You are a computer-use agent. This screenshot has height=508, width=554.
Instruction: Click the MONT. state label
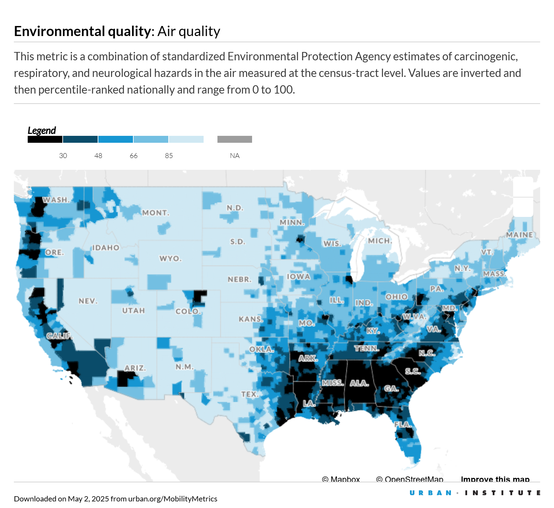point(156,213)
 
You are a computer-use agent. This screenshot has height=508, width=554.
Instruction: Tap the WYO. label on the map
point(170,259)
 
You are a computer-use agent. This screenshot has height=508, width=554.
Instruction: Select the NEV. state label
point(88,301)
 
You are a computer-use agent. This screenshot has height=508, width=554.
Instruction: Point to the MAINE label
point(519,235)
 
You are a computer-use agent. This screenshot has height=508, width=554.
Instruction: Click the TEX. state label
point(250,394)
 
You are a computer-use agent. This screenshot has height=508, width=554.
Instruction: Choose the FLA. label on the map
point(403,424)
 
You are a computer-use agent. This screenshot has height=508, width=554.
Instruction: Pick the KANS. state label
point(251,319)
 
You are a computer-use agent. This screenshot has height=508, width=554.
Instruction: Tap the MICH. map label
point(380,241)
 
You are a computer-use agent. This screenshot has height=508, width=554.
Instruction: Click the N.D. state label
point(235,208)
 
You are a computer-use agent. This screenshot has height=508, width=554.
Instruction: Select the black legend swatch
point(45,139)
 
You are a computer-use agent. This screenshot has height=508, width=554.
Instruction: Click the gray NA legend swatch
point(235,139)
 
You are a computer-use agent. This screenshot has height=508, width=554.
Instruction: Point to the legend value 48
point(98,156)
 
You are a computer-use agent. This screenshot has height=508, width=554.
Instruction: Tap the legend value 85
point(169,156)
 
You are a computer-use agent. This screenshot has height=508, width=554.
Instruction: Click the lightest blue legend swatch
point(186,139)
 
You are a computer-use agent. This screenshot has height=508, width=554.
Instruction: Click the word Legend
point(42,130)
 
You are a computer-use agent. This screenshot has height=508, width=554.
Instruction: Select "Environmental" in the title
point(60,31)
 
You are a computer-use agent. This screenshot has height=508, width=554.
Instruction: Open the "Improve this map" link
point(495,479)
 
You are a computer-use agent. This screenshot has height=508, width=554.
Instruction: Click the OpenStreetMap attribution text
point(410,479)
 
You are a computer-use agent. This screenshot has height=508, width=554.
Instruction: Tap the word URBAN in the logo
point(430,493)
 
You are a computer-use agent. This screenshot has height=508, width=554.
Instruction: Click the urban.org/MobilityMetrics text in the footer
point(172,499)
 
